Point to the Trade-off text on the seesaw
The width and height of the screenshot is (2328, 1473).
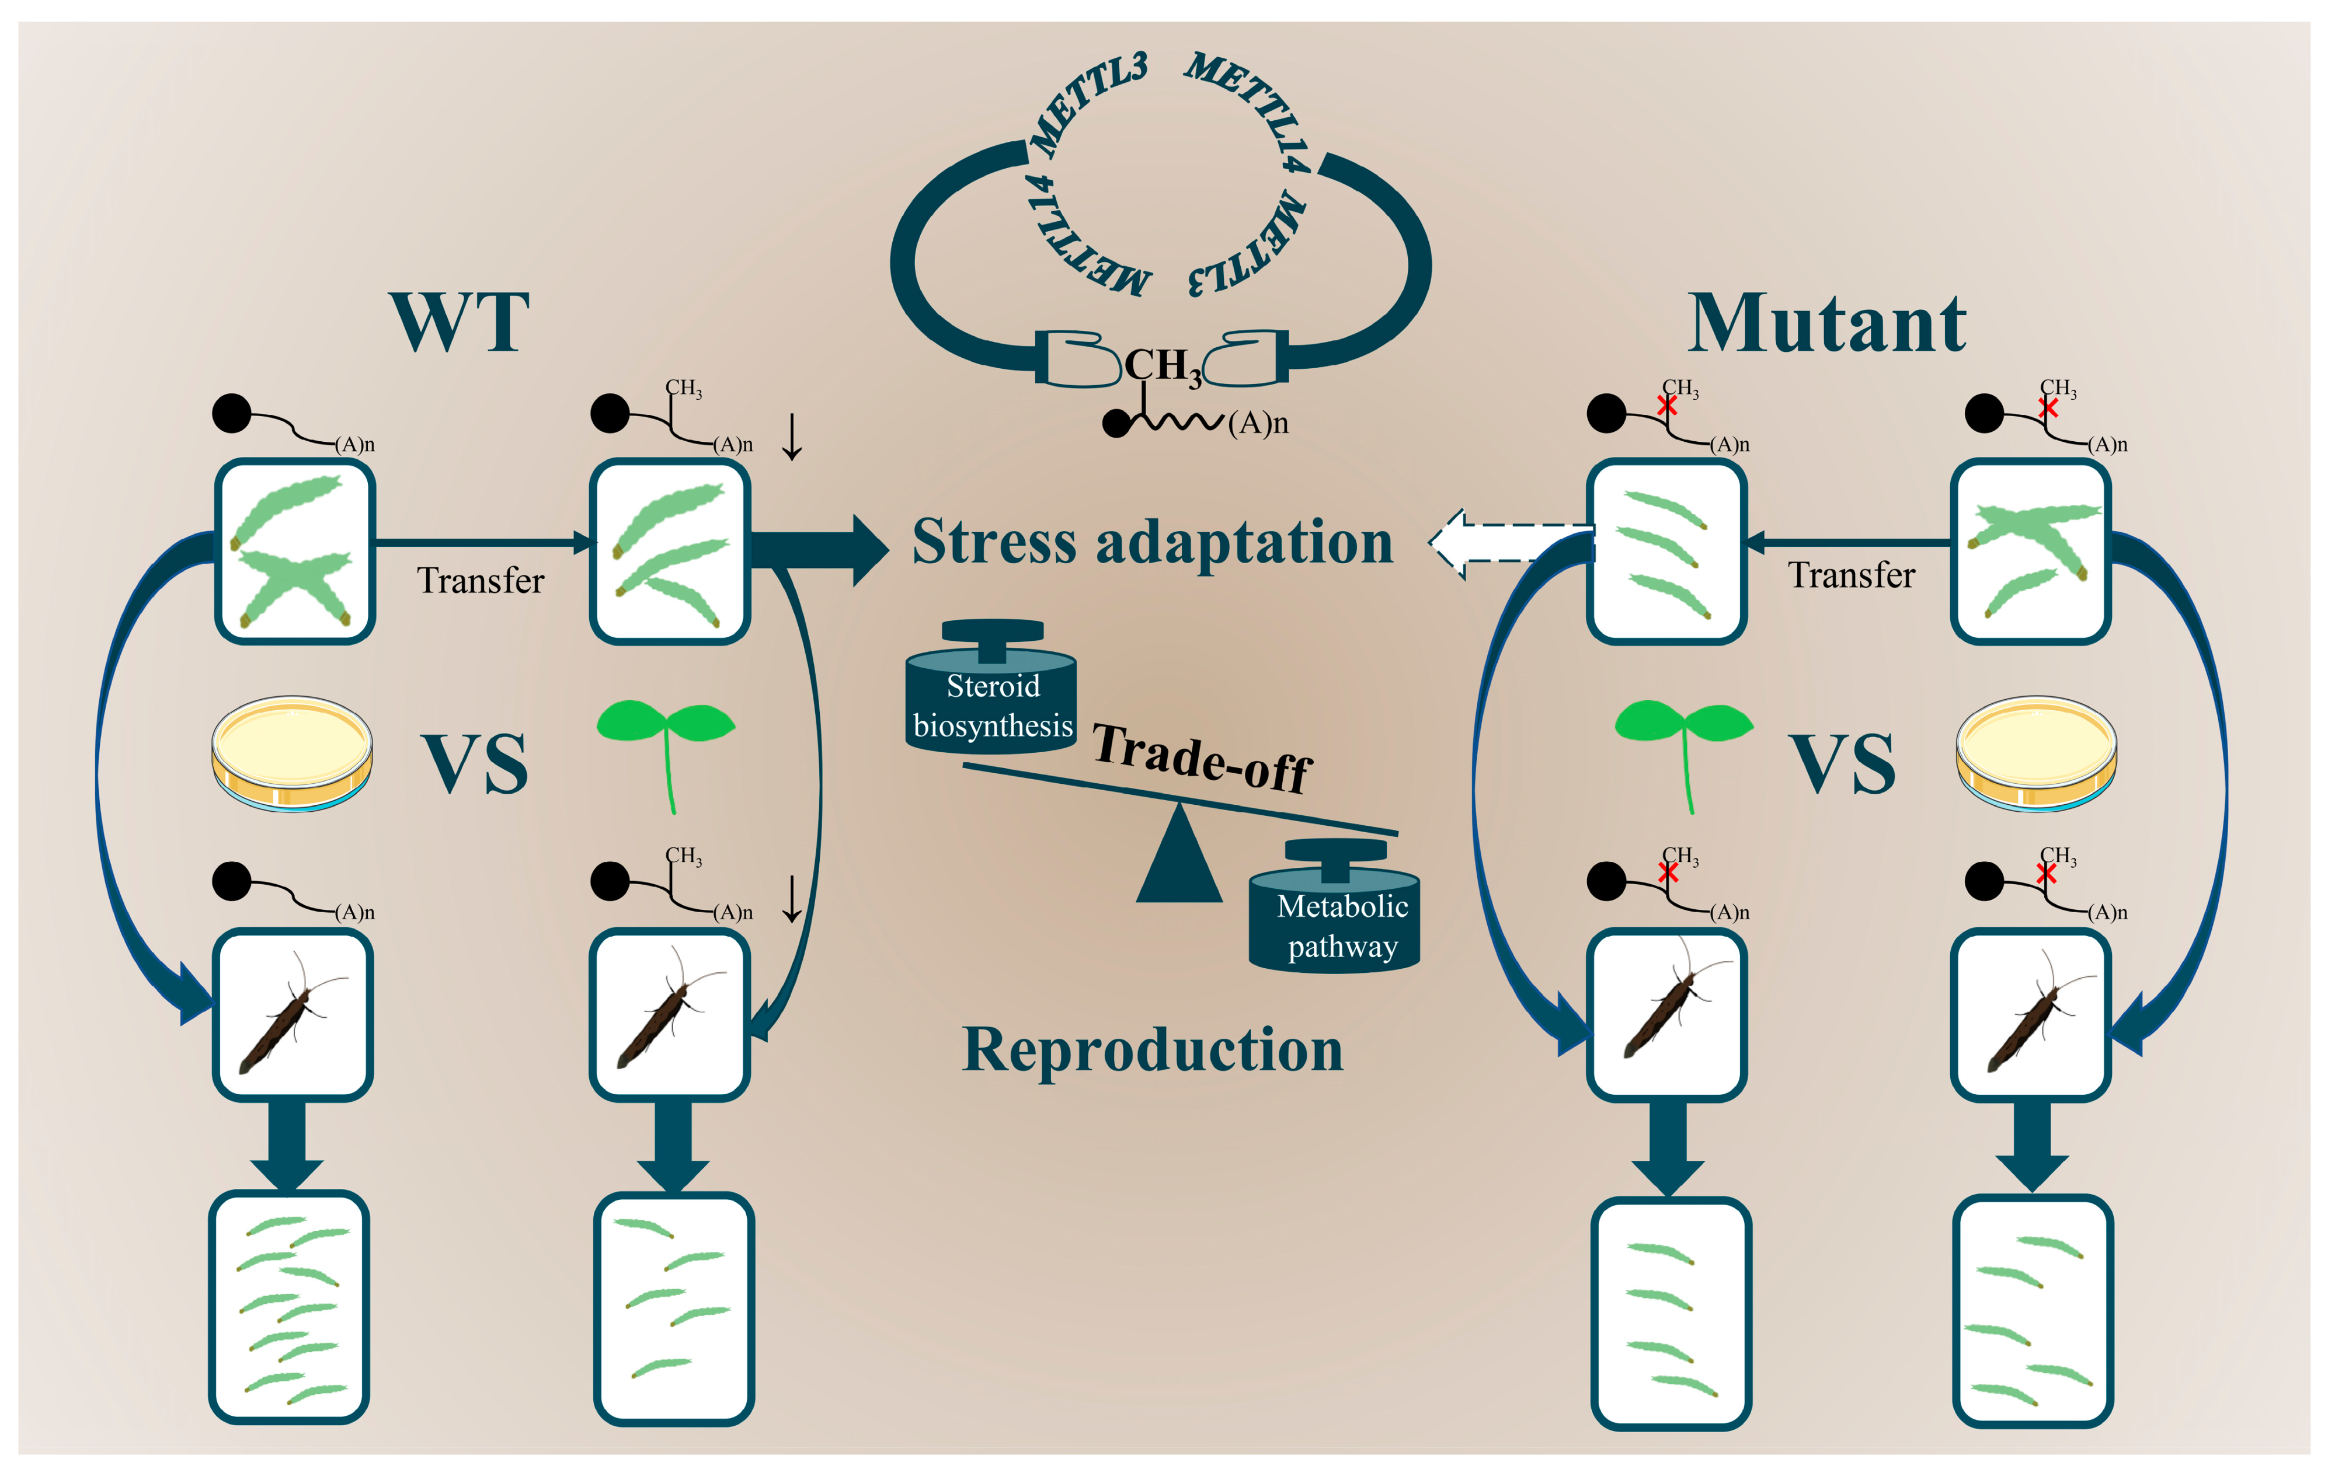tap(1202, 759)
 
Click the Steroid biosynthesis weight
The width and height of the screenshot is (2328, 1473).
tap(991, 687)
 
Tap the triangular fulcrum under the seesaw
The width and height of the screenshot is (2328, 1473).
tap(1179, 856)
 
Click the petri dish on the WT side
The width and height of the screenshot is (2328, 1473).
tap(292, 753)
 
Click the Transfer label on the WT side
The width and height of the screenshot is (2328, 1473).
tap(481, 580)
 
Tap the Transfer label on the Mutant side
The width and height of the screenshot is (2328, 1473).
tap(1852, 575)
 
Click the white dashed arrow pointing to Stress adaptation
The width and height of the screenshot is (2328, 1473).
tap(1511, 543)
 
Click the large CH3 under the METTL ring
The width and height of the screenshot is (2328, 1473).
tap(1163, 367)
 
